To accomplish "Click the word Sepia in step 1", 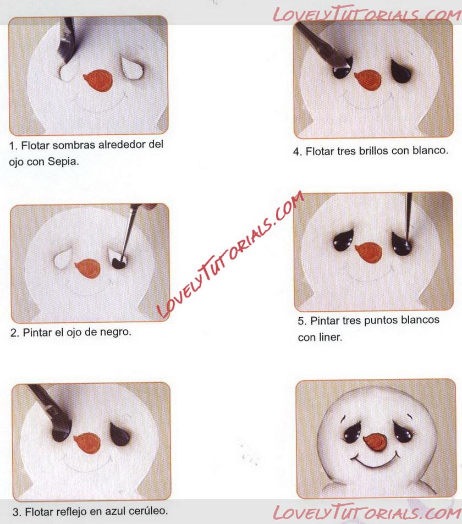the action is tap(63, 162).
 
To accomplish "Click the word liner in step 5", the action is tap(331, 337).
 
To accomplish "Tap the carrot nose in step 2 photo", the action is tap(88, 269).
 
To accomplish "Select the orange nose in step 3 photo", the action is tap(87, 443).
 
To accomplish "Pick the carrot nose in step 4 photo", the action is tap(368, 80).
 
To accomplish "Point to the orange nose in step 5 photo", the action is tap(368, 252).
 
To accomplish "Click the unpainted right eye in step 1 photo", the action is tap(131, 69).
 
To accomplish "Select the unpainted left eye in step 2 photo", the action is tap(63, 258).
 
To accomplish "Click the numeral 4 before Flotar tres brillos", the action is tap(296, 152).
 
